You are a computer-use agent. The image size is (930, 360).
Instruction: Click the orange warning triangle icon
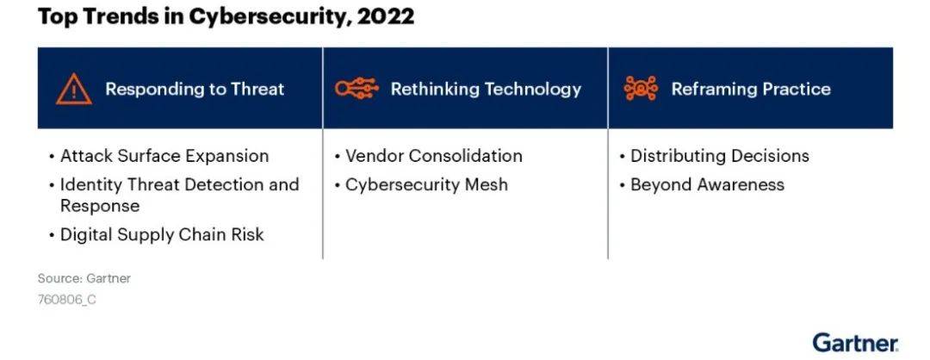[x=73, y=89]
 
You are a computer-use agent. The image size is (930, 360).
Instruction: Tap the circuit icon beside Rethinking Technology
[x=356, y=89]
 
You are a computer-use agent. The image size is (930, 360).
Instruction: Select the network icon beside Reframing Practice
[x=642, y=89]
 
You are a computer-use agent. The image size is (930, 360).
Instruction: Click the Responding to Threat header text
[x=195, y=89]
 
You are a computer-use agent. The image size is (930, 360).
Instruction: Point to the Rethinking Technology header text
[x=486, y=89]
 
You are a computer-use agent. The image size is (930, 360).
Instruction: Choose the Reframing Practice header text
[x=751, y=89]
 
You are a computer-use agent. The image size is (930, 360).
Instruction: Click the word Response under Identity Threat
[x=100, y=207]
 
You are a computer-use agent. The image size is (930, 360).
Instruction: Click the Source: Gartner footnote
[x=84, y=278]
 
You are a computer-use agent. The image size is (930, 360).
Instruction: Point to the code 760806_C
[x=66, y=300]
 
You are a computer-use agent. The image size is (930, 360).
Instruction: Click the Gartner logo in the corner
[x=855, y=343]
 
